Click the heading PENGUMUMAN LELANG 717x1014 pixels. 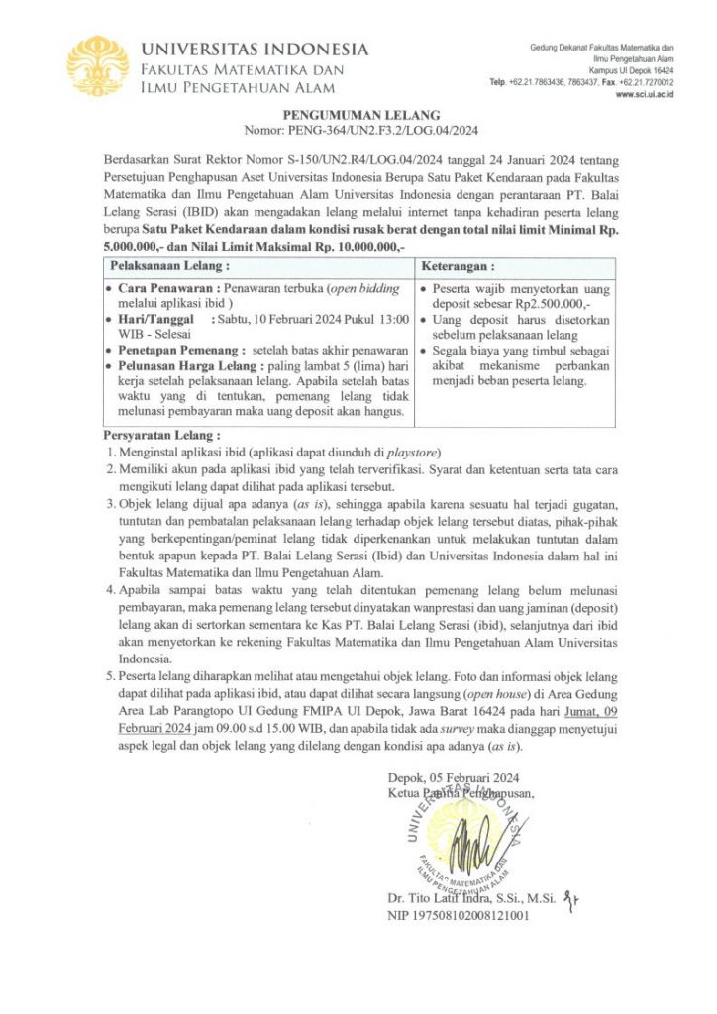[358, 116]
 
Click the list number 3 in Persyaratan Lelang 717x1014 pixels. [110, 505]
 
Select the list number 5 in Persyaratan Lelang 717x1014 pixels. [110, 676]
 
